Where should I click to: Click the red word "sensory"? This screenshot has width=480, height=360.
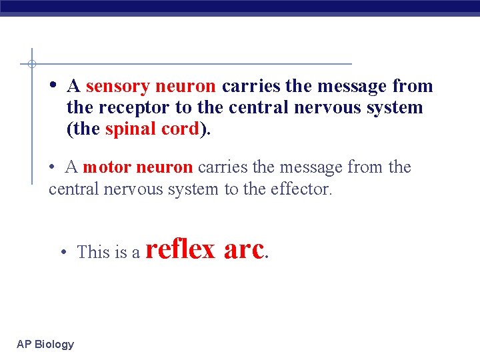tap(117, 87)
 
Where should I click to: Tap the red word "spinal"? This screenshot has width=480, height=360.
tap(129, 129)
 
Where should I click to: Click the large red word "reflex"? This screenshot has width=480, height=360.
tap(180, 249)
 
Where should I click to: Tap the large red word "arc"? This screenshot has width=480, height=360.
tap(244, 249)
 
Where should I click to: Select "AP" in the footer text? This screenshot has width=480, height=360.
tap(24, 344)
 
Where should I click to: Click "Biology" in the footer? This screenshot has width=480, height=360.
tap(54, 345)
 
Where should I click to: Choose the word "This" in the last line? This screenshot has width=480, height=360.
tap(93, 252)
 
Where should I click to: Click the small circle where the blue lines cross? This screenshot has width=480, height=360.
tap(31, 64)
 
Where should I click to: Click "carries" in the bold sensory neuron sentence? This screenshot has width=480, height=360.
tap(251, 87)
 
